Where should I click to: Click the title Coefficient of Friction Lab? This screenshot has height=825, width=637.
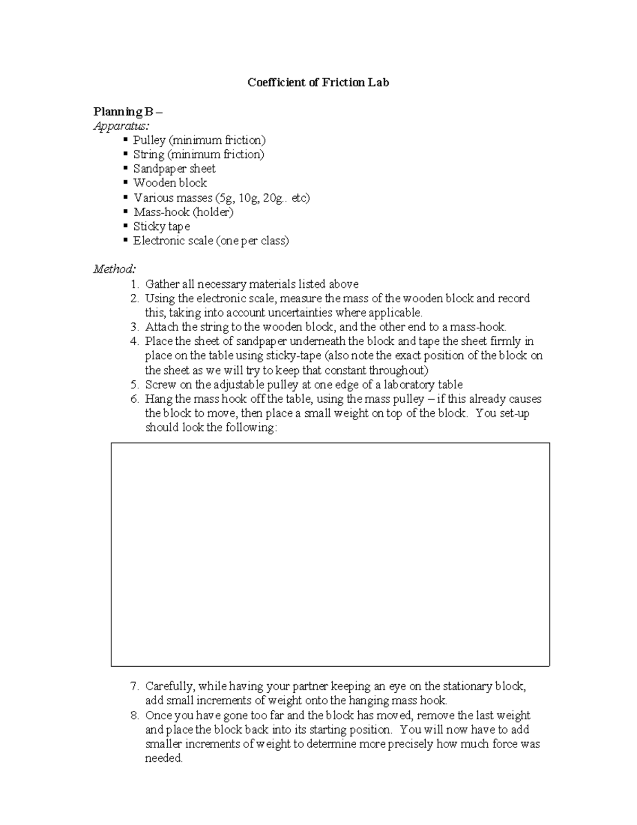click(x=318, y=82)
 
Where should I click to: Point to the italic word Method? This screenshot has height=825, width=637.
click(x=114, y=269)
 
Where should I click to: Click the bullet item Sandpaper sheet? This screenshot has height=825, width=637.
click(x=174, y=169)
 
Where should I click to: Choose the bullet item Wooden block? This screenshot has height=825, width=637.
click(x=170, y=183)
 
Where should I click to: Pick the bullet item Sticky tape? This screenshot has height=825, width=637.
click(x=161, y=226)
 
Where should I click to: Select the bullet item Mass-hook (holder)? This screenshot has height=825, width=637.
click(x=183, y=212)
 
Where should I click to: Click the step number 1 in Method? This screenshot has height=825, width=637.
click(x=135, y=284)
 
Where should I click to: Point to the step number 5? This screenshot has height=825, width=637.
click(x=135, y=385)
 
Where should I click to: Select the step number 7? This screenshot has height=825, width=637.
click(x=135, y=686)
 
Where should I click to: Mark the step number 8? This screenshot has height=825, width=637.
click(x=135, y=715)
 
